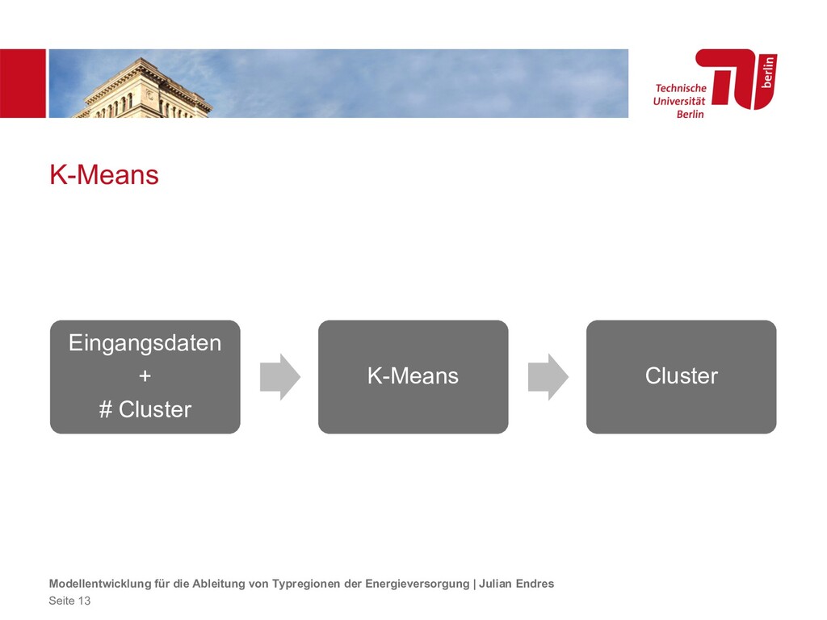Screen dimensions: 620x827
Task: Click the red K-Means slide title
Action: click(104, 175)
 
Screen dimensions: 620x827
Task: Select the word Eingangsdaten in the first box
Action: click(145, 343)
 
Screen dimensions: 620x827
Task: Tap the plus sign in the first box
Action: click(145, 376)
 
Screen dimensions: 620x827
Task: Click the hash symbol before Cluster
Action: click(105, 410)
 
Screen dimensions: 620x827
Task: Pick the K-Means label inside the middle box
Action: click(413, 376)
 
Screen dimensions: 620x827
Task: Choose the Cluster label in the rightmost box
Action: click(681, 376)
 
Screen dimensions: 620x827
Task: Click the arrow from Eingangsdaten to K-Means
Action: click(279, 376)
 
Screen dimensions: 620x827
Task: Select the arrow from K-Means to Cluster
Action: click(548, 376)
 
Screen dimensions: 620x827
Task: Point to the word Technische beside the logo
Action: click(680, 88)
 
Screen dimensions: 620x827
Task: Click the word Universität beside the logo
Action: click(678, 101)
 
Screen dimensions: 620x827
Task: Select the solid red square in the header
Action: click(23, 83)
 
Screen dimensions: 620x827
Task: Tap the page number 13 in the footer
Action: click(84, 601)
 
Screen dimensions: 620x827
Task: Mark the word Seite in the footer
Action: click(61, 601)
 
